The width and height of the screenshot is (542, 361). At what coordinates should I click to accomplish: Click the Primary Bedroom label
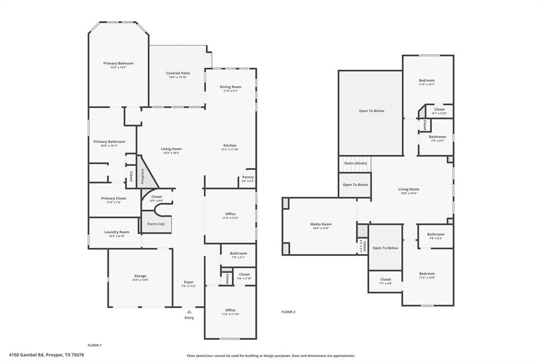(118, 63)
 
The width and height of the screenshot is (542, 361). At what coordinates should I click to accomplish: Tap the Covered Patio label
(178, 73)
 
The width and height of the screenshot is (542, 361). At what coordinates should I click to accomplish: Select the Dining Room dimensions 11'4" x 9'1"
(230, 91)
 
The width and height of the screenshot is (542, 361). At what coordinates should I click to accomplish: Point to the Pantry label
(248, 177)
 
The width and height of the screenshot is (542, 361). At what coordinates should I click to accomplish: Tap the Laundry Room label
(116, 232)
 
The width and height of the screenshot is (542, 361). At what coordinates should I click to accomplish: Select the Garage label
(140, 276)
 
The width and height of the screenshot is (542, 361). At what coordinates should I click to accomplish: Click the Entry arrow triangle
(189, 312)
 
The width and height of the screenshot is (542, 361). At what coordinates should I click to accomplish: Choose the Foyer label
(189, 282)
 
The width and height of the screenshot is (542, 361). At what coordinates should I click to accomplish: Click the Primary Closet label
(114, 198)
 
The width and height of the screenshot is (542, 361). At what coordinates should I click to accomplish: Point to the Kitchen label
(230, 145)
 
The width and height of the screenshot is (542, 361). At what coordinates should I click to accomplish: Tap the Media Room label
(321, 224)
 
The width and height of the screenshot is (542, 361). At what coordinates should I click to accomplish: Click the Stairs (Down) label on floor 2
(356, 163)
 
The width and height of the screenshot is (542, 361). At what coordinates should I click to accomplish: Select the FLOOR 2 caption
(288, 312)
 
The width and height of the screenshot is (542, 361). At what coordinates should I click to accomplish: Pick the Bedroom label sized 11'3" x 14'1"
(427, 80)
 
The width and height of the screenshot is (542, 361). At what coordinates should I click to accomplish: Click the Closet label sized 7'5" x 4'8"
(385, 279)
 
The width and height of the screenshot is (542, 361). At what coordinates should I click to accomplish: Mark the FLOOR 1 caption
(94, 345)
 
